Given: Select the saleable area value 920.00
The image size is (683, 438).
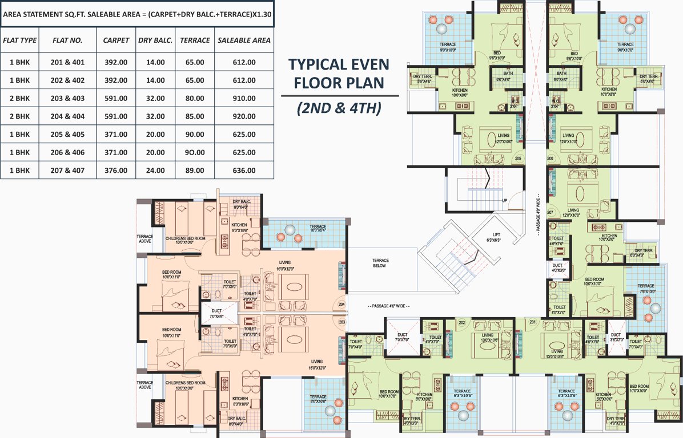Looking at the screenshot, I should pos(244,116).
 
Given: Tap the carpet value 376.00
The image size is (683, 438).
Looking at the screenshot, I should pos(115,171).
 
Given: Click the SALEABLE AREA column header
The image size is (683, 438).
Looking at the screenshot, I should pos(244,40).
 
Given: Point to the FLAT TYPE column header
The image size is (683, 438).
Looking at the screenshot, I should pos(19,40).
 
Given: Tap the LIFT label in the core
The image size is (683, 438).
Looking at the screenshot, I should pos(498,235).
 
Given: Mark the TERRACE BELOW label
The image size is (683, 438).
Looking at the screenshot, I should pos(380,262).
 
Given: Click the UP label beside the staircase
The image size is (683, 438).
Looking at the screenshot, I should pos(504,201).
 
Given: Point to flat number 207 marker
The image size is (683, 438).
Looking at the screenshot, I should pos(551,213).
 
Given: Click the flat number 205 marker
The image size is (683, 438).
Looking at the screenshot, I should pos(519,158).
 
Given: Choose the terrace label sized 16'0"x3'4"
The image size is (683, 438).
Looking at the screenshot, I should pos(318,229).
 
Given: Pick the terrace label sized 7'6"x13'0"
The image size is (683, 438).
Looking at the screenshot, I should pos(646,289).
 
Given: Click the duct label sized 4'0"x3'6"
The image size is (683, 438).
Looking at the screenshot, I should pos(557,268).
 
